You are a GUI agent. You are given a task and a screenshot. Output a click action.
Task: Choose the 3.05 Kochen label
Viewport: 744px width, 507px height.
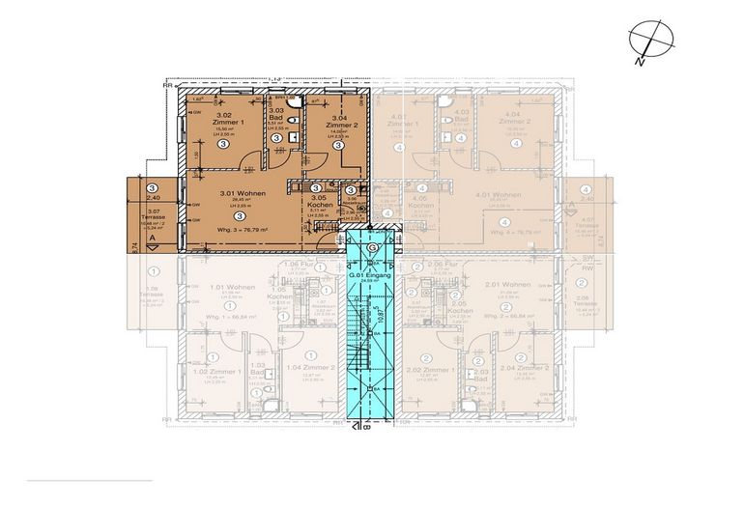(x=320, y=203)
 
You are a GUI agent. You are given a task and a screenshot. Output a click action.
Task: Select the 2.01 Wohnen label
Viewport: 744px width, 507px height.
(x=507, y=285)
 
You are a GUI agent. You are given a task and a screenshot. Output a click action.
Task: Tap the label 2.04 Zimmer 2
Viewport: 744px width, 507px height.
(x=521, y=369)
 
